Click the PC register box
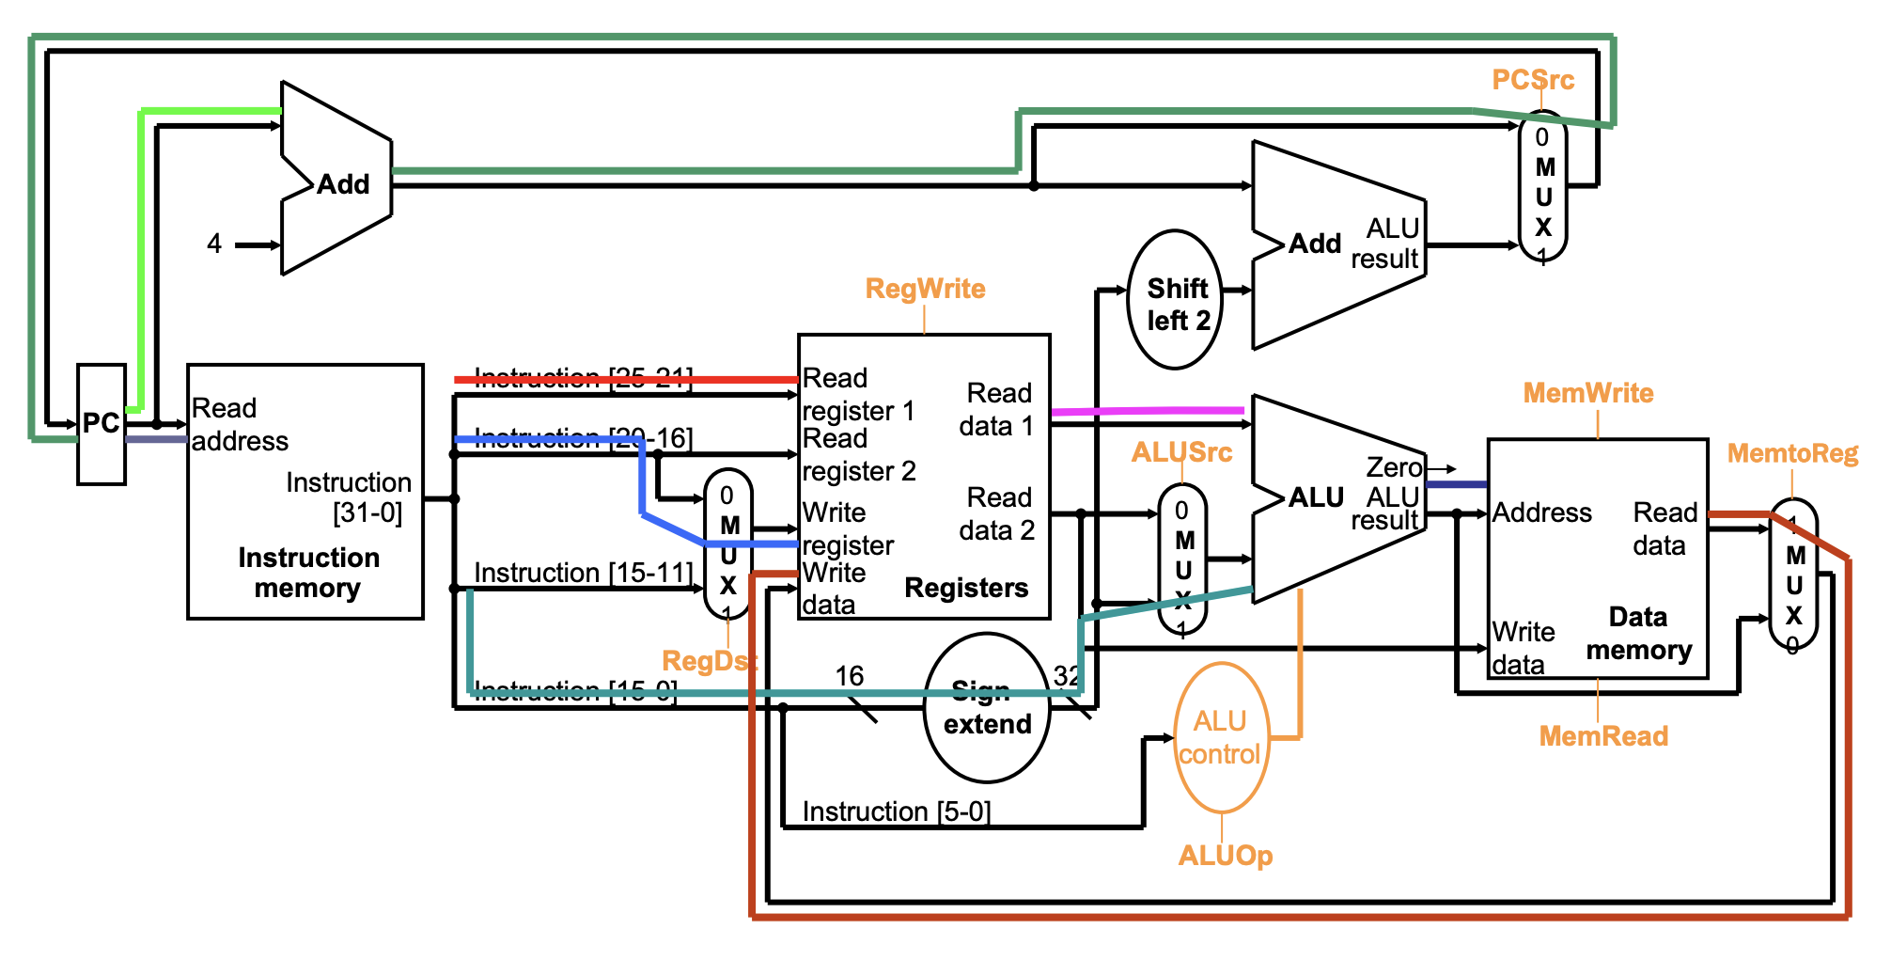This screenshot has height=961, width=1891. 101,424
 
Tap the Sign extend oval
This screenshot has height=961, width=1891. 986,708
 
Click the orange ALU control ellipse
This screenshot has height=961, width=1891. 1220,738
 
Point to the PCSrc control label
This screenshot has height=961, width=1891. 1532,80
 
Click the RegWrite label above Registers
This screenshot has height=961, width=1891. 925,289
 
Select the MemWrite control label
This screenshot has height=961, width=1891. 1587,393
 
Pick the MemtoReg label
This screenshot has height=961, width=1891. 1792,454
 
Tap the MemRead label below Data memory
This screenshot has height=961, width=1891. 1602,736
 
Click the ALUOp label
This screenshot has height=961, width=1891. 1225,856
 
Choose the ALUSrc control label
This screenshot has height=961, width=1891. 1181,452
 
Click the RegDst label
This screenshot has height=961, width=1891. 709,661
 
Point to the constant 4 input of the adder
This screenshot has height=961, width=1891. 214,244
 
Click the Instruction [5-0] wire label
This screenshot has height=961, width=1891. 896,811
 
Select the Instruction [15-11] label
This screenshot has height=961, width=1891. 583,573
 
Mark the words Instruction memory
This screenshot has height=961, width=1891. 308,573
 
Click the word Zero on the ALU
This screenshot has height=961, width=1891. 1394,467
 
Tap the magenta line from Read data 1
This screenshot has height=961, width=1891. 1147,411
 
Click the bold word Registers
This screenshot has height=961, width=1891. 966,588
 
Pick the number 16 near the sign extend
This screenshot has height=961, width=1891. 849,676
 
